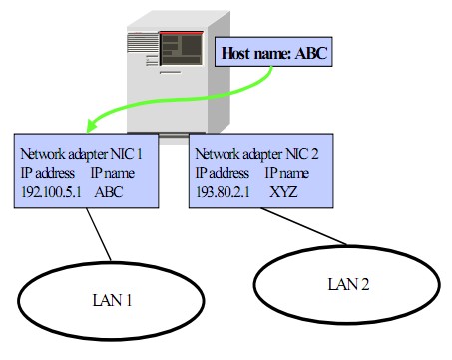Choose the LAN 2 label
click(344, 283)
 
